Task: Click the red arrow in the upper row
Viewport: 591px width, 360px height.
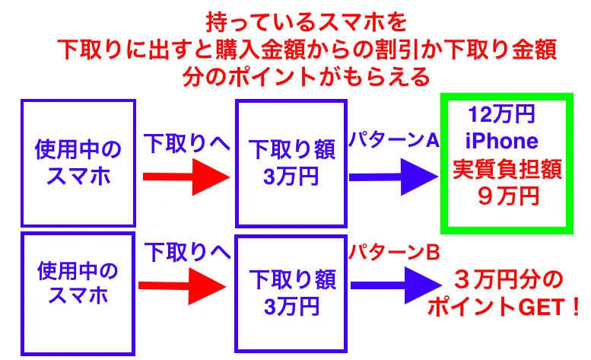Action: (x=186, y=177)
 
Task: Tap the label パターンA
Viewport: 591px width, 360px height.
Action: (x=394, y=141)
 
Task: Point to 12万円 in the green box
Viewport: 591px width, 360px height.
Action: (x=504, y=116)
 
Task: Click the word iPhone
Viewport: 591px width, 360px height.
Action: (x=504, y=142)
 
